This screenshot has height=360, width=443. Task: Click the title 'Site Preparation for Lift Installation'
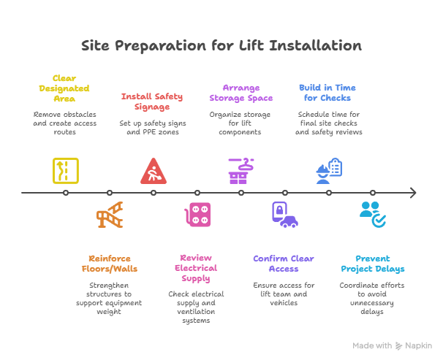coord(221,46)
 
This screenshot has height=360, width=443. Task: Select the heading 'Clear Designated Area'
coord(65,88)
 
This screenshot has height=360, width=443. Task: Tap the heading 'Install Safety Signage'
coord(152,102)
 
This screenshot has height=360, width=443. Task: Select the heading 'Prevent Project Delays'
coord(372,264)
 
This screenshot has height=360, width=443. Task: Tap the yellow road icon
coord(65,170)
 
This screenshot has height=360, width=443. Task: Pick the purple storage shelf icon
coord(241,169)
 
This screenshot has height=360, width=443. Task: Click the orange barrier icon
coord(110,216)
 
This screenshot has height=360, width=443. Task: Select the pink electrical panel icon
coord(197,216)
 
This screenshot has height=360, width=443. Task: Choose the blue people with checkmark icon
coord(372,215)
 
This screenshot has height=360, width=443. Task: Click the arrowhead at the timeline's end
coord(413,193)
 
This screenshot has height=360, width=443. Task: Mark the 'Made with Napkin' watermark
coord(392,345)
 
